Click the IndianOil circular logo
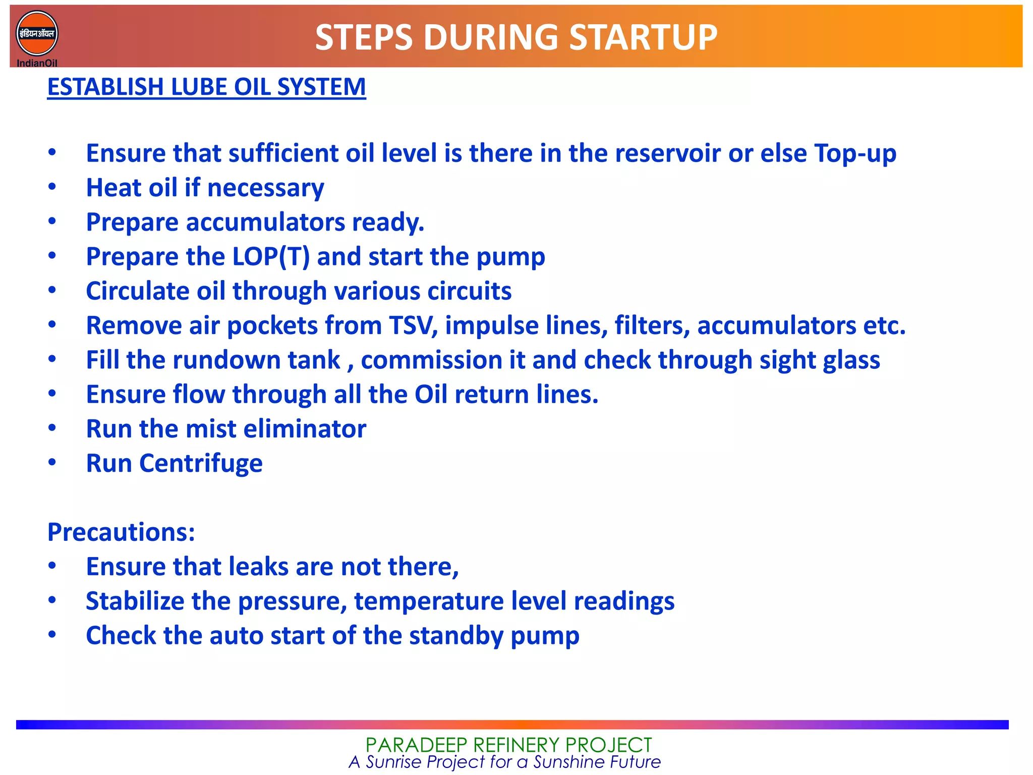click(x=37, y=34)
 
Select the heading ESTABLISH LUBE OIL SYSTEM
click(x=206, y=87)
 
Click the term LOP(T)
click(x=271, y=257)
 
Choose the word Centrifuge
click(x=201, y=464)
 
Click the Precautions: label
click(x=121, y=532)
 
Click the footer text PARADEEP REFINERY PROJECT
click(x=508, y=745)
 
